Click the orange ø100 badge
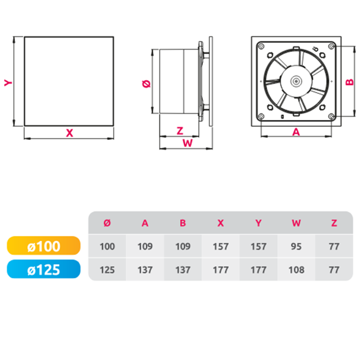[44, 246]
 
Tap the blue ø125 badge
[44, 269]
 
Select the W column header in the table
[296, 223]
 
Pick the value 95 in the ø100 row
[296, 246]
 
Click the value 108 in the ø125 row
[296, 270]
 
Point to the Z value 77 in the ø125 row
[334, 270]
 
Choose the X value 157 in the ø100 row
[221, 246]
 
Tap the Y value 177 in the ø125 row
[258, 270]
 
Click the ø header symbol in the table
[107, 223]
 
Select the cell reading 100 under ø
[107, 246]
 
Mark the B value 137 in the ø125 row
[183, 270]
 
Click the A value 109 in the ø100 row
[145, 246]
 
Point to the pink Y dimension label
[8, 82]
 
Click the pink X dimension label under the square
[69, 133]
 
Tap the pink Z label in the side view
[180, 131]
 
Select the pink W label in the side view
[188, 143]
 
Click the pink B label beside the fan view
[350, 82]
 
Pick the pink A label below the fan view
[296, 132]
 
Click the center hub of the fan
[296, 81]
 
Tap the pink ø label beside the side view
[146, 84]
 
